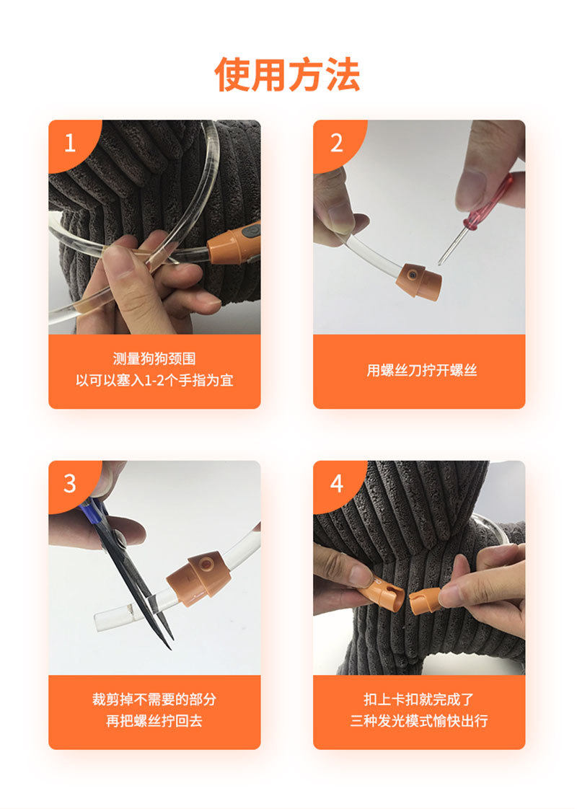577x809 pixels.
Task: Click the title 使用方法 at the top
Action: (288, 75)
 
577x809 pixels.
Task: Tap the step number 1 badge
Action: (71, 142)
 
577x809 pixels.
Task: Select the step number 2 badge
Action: (337, 143)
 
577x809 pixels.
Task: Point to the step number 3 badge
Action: (70, 483)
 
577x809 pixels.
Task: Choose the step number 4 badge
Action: (337, 483)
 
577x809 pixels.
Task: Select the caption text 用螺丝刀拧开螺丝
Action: (422, 370)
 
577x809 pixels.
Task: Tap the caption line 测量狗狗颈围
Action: (154, 358)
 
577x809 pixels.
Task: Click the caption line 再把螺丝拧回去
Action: (154, 720)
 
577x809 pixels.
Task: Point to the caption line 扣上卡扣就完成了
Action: (419, 699)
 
